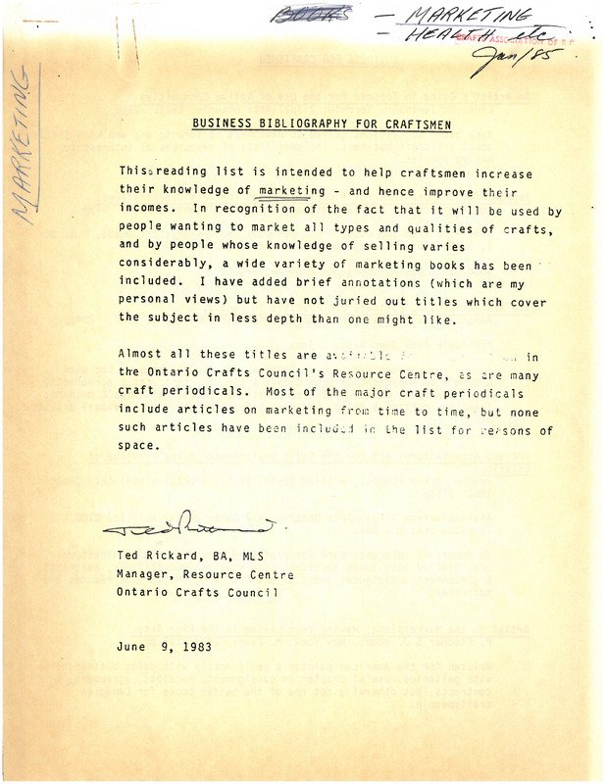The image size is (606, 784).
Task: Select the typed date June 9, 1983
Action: pyautogui.click(x=163, y=647)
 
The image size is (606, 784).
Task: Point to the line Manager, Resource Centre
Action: pyautogui.click(x=204, y=574)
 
